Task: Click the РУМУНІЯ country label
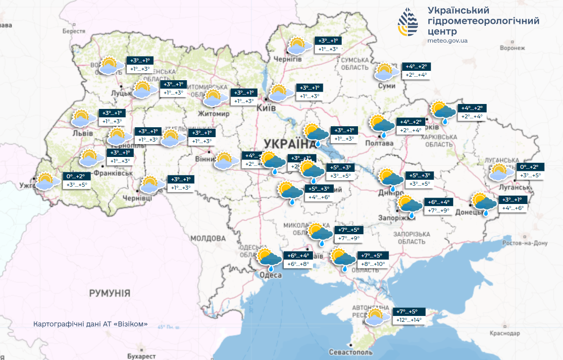(x=109, y=293)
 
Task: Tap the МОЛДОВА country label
(x=208, y=239)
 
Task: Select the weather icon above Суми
(x=387, y=72)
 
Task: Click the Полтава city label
(x=379, y=143)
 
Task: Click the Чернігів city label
(x=288, y=59)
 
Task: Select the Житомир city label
(x=213, y=114)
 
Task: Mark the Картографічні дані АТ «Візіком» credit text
(x=91, y=324)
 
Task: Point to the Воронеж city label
(x=512, y=48)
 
